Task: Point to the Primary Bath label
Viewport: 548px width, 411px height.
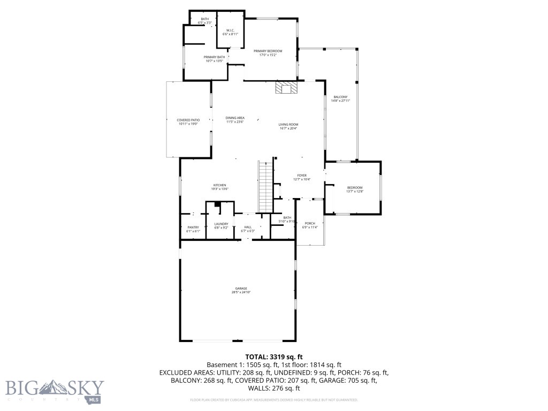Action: click(214, 59)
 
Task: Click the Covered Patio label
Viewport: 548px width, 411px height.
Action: click(188, 122)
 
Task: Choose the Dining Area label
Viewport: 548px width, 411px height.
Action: click(235, 119)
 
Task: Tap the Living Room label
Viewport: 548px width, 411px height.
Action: click(288, 126)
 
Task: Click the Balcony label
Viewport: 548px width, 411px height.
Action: click(340, 99)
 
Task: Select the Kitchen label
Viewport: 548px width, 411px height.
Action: click(220, 187)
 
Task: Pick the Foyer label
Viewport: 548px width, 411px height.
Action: click(302, 177)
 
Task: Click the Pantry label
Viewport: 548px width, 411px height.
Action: click(193, 229)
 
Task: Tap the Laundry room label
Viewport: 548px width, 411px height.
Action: click(221, 226)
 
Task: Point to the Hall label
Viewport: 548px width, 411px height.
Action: click(248, 229)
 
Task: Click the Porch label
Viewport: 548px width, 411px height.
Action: click(310, 225)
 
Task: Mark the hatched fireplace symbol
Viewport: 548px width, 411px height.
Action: click(286, 88)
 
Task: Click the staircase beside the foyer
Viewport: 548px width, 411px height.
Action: click(266, 186)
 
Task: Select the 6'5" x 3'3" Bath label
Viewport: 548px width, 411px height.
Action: click(205, 21)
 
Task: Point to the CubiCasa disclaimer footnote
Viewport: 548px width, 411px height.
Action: click(273, 400)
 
